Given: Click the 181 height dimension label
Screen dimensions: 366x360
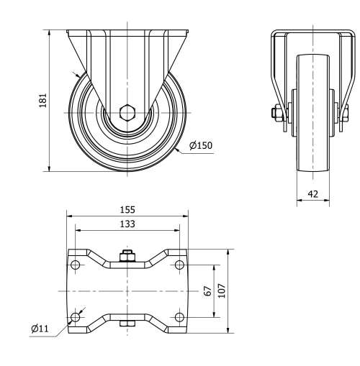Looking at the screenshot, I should [43, 99].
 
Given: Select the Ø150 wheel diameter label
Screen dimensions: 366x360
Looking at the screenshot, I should [201, 145].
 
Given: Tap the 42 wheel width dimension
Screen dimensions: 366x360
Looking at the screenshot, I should [313, 193].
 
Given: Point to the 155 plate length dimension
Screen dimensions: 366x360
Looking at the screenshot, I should [127, 209].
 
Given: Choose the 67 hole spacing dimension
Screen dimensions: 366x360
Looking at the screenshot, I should [207, 293].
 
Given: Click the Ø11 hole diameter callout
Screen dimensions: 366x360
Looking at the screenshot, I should [40, 329].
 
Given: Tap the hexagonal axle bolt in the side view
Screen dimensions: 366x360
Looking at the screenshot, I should [127, 112].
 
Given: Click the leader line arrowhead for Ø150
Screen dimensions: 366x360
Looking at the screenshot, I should [177, 149].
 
